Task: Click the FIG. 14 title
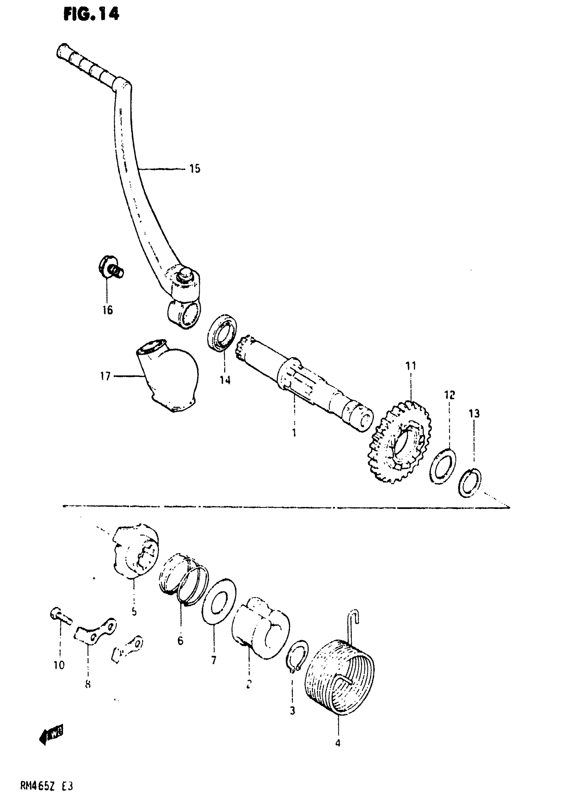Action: (91, 14)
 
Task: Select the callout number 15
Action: (195, 169)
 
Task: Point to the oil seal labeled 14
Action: (222, 332)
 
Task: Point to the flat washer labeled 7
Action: (219, 602)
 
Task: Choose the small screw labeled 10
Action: (60, 616)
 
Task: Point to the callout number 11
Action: (411, 366)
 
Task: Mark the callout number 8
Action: (88, 684)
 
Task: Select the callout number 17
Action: (105, 376)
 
